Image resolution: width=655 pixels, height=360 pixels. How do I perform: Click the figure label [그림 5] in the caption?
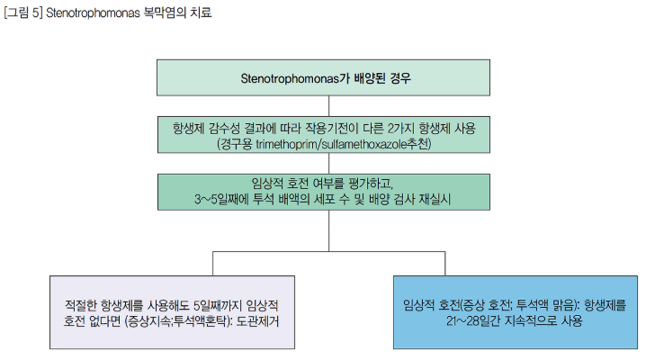[x=23, y=13]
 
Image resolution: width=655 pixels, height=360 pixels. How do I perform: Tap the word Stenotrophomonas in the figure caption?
[x=93, y=13]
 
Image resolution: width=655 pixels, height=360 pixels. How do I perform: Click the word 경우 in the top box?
[x=400, y=78]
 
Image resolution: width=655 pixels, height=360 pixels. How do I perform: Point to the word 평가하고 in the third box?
[x=370, y=184]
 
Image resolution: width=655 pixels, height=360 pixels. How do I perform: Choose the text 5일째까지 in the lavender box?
[x=218, y=305]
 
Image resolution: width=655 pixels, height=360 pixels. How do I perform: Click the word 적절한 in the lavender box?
[x=81, y=305]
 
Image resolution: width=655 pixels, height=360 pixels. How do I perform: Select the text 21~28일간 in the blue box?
[x=473, y=320]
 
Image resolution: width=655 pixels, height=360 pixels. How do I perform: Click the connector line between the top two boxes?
[x=328, y=106]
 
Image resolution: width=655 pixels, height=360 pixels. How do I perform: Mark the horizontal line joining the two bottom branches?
[x=328, y=252]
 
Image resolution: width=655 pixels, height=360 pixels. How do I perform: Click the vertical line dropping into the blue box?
[x=444, y=264]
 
